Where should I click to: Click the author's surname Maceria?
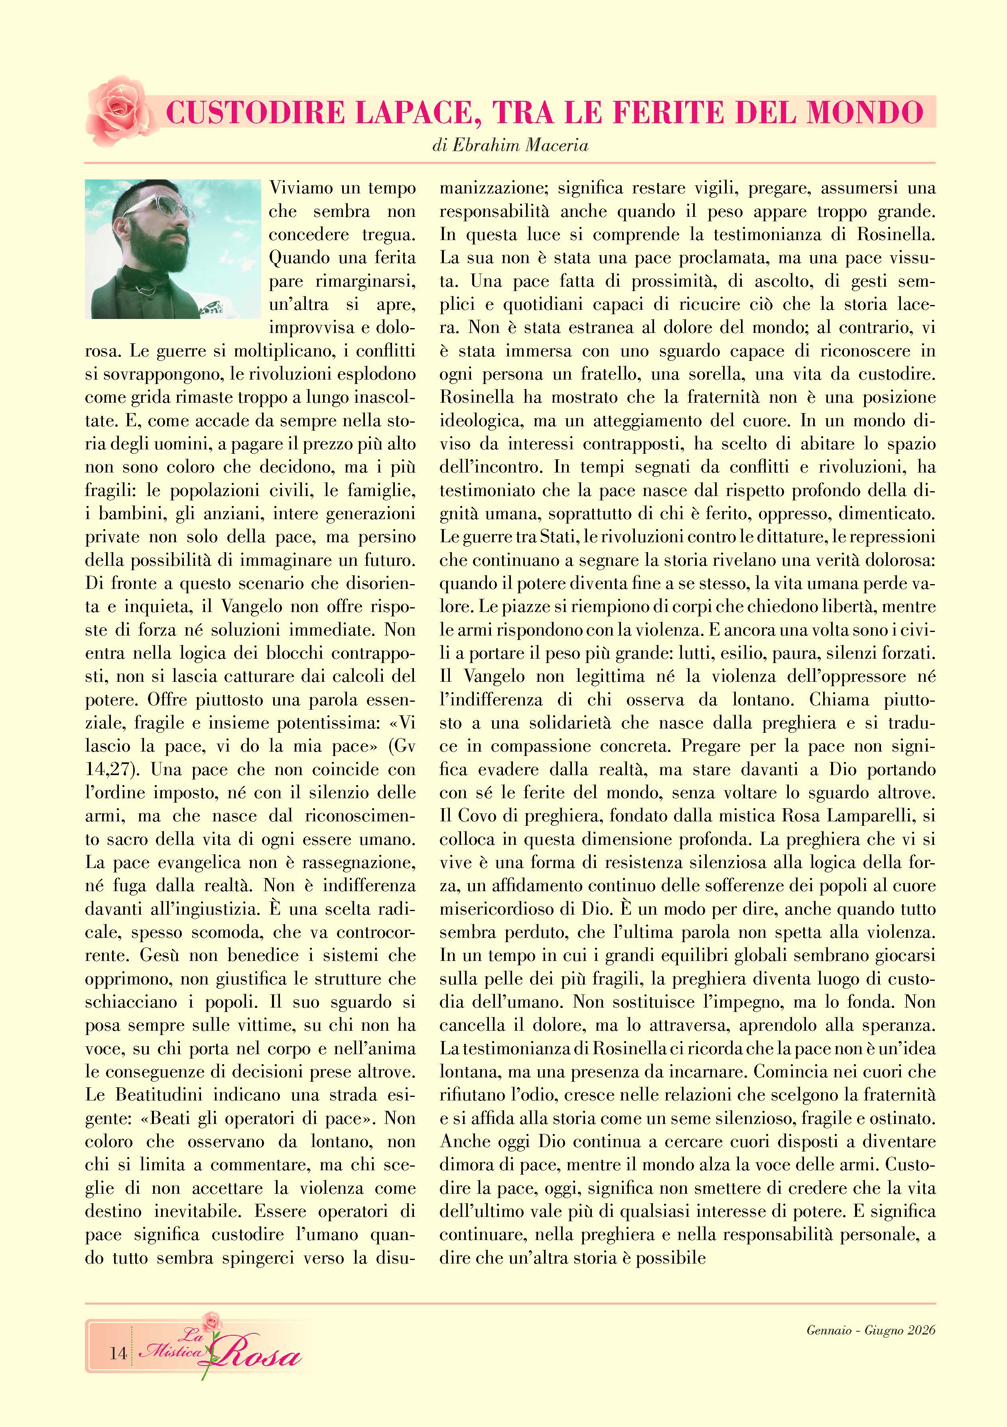pos(555,146)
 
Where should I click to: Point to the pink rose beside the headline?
pos(118,110)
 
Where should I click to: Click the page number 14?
pos(118,1353)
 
